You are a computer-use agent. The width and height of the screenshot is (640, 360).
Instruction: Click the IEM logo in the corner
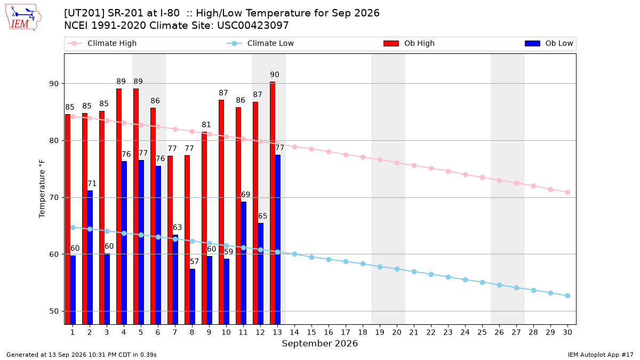[23, 18]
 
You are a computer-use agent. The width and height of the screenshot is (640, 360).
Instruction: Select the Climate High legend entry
[101, 43]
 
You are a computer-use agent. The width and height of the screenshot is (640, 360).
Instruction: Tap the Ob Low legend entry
[549, 43]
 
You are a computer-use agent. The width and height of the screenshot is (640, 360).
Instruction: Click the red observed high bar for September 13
[273, 203]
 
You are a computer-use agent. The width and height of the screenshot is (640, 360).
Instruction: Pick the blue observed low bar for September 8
[193, 297]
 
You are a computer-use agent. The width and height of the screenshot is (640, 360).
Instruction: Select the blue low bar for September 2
[90, 258]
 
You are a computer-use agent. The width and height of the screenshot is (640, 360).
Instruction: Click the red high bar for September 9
[204, 228]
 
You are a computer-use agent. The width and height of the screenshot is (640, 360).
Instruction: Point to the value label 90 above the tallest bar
[275, 75]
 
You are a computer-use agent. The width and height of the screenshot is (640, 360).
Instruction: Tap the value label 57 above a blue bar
[194, 262]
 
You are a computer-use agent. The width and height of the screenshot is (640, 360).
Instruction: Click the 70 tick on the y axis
[54, 198]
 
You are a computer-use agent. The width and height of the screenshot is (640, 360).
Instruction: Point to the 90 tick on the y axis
[54, 84]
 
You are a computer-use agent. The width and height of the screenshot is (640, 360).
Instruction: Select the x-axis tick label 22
[431, 332]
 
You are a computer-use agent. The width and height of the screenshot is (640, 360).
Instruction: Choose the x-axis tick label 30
[567, 332]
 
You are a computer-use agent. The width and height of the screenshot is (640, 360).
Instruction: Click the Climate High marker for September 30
[567, 193]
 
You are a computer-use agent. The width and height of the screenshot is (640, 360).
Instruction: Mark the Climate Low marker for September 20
[397, 269]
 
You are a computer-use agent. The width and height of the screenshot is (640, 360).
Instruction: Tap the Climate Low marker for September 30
[567, 295]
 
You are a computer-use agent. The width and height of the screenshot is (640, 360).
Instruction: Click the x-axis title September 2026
[319, 343]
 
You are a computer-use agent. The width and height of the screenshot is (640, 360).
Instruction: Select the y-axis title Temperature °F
[42, 189]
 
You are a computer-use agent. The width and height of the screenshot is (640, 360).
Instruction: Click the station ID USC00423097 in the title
[253, 26]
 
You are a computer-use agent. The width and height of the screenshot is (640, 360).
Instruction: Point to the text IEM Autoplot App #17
[601, 355]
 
